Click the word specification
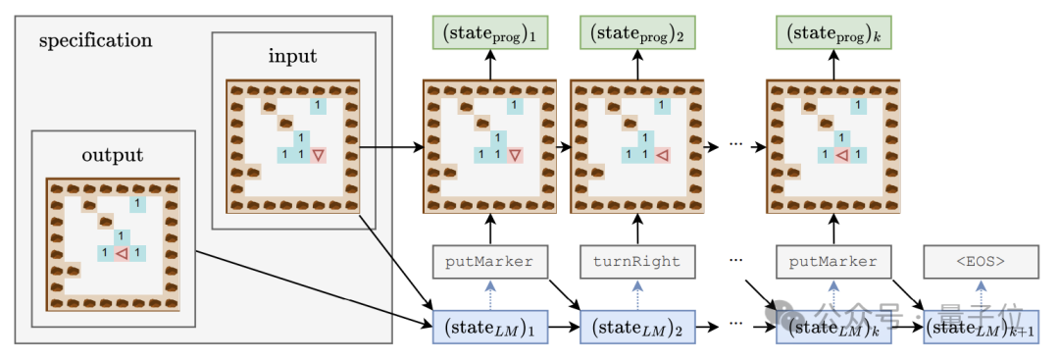(95, 41)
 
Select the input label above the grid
(293, 56)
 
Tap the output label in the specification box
(113, 155)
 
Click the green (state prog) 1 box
(490, 32)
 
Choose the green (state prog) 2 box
(637, 32)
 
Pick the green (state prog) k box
(832, 32)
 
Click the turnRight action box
(637, 261)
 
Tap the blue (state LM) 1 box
(490, 327)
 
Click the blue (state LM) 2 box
(637, 327)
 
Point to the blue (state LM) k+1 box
(980, 327)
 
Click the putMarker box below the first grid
(489, 261)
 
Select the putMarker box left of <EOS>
(832, 261)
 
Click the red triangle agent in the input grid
(319, 155)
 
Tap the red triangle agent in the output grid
(122, 254)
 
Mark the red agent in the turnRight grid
(663, 155)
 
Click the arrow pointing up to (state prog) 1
(490, 65)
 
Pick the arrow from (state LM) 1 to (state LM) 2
(564, 327)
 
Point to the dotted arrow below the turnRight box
(637, 294)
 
